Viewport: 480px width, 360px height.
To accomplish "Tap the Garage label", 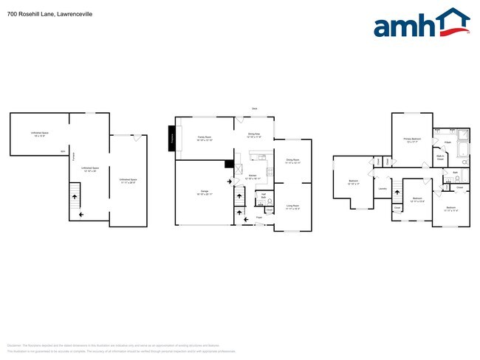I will point(203,192).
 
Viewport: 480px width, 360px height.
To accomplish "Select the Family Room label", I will point(205,138).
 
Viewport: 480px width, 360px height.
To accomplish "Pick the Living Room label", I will point(292,208).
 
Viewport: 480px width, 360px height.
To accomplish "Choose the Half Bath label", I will point(263,195).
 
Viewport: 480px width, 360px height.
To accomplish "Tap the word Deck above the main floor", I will point(254,108).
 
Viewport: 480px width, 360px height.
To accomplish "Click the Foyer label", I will point(259,218).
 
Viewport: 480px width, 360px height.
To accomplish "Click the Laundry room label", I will point(383,189).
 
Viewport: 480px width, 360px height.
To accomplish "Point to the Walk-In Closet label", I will point(439,156).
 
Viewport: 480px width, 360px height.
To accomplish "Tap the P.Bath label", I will point(448,142).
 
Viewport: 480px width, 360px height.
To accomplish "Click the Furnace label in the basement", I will point(63,153).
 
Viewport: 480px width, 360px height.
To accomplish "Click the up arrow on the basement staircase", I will point(73,195).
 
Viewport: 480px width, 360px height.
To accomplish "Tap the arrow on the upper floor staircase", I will point(397,193).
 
